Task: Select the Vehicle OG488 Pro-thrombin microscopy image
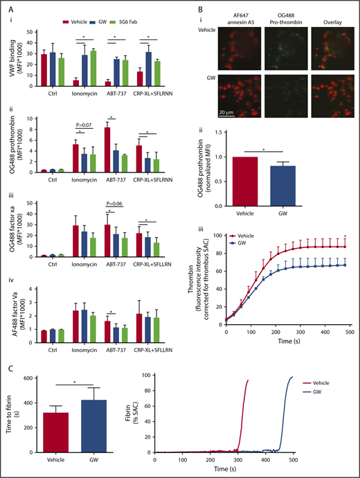pos(284,52)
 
